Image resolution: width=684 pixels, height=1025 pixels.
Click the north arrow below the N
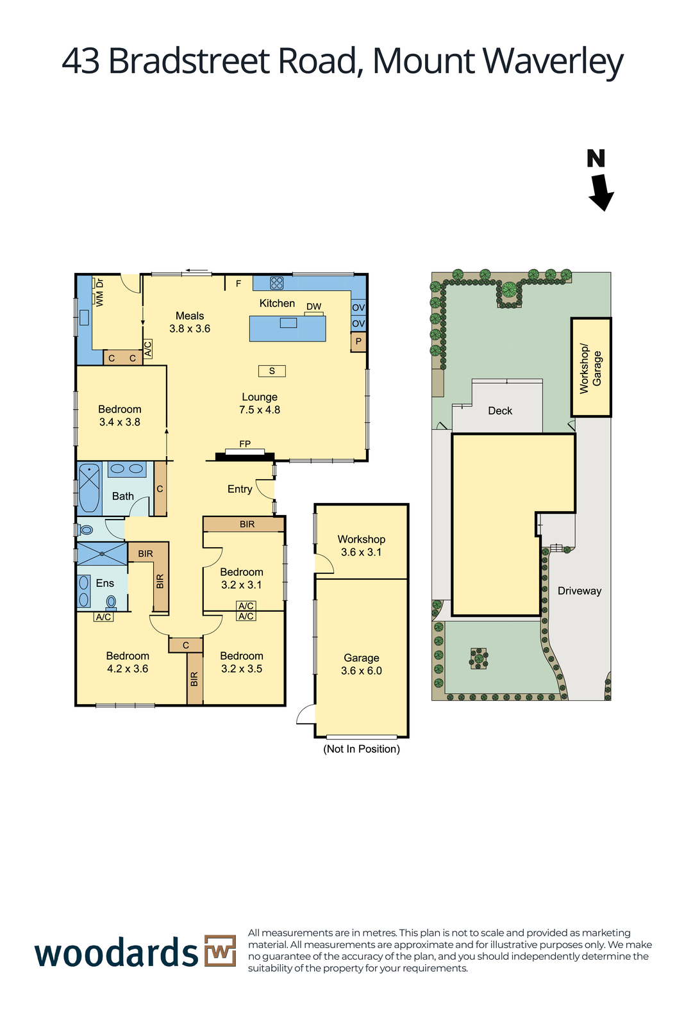(x=601, y=192)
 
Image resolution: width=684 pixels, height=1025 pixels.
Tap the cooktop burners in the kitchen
(x=276, y=283)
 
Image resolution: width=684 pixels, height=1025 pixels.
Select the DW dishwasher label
(x=313, y=307)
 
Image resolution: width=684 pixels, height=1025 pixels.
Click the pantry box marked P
(x=358, y=342)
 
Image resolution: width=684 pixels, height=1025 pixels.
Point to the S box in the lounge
(x=272, y=371)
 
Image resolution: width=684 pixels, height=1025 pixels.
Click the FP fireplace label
(x=245, y=443)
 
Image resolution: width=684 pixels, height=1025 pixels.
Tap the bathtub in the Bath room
(x=89, y=488)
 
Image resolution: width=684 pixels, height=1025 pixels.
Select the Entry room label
(x=240, y=489)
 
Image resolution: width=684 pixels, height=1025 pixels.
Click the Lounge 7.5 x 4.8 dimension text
(x=260, y=409)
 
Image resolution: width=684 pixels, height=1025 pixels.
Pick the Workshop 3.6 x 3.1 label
(x=361, y=545)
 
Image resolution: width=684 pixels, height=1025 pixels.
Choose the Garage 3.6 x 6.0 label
(x=361, y=664)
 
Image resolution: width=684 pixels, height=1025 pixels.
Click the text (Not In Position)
(x=361, y=749)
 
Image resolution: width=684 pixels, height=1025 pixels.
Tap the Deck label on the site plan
(x=500, y=411)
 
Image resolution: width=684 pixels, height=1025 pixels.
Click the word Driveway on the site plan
(x=579, y=591)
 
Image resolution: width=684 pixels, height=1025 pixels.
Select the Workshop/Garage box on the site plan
(x=591, y=367)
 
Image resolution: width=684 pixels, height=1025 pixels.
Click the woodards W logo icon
(x=221, y=951)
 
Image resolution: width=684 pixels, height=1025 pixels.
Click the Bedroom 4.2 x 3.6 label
(x=128, y=662)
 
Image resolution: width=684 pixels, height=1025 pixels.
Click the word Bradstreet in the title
(x=189, y=61)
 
